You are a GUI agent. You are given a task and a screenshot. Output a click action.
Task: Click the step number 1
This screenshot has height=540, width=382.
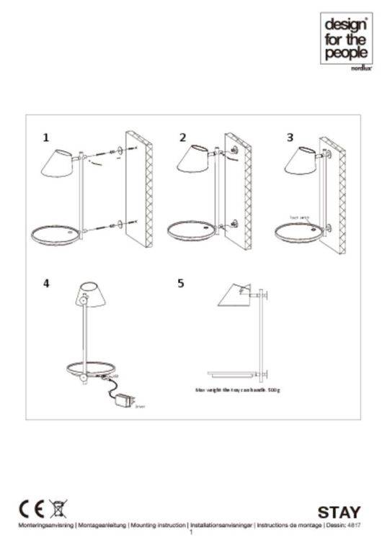46,137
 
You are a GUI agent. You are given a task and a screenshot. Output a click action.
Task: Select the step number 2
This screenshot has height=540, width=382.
182,137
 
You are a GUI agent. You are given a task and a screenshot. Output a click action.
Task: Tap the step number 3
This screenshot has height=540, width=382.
290,137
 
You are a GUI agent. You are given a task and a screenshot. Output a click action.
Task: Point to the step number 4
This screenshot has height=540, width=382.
46,283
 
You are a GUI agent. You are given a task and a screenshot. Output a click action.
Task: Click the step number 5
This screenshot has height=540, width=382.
181,283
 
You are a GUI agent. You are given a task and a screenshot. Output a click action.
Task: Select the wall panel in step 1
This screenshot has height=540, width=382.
138,189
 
